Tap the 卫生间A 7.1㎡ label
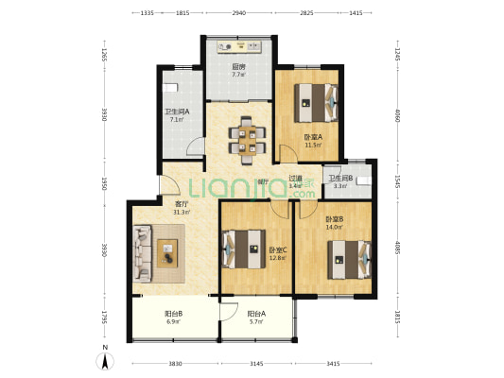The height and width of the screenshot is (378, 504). (177, 116)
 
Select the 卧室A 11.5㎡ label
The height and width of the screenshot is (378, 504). (312, 141)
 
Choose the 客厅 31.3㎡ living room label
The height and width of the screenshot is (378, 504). (181, 208)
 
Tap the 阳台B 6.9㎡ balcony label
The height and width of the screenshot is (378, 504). (173, 319)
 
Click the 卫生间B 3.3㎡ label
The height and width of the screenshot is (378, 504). (340, 182)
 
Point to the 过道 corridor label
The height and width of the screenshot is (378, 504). (295, 181)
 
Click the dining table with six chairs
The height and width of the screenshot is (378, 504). (244, 134)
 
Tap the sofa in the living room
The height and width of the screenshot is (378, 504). (144, 252)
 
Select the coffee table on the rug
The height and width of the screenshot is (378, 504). (170, 253)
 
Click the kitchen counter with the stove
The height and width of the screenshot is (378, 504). (240, 44)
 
